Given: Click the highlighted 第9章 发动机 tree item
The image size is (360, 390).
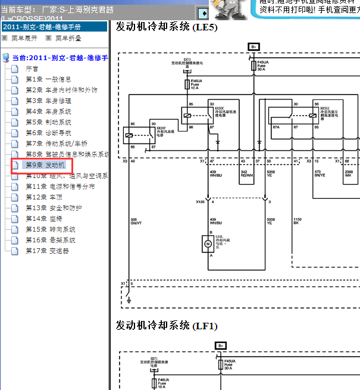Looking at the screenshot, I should pos(45,165).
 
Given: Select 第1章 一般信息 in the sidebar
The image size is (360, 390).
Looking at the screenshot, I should pos(48,79).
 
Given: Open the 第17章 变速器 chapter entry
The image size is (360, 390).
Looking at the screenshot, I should pos(47,251).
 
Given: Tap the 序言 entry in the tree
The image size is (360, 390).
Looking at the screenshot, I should pos(32,68).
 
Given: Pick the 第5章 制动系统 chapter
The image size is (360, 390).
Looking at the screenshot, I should pos(48,122).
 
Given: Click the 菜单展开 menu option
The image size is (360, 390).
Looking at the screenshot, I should pos(24,38).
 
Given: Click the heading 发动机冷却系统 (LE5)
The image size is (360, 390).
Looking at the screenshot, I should pos(167,27).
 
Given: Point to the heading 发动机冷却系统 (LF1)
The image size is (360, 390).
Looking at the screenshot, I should pos(167,326).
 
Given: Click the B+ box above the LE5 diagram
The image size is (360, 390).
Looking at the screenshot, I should pos(253,46).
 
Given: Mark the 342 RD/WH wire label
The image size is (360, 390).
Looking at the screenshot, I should pos(246,174).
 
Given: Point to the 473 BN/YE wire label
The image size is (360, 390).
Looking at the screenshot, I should pos(320,174).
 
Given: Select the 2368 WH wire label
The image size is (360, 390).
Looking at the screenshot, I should pos(349,174).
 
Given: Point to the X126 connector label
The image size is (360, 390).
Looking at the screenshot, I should pos(201,201).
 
